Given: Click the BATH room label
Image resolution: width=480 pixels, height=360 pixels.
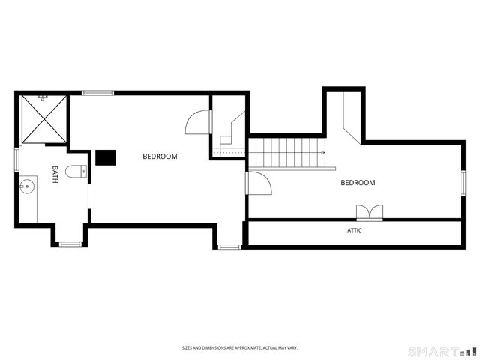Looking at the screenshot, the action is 55,175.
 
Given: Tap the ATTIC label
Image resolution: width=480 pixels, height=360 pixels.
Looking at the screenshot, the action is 355,230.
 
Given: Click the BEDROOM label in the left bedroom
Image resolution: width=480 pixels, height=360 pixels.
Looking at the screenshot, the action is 160,157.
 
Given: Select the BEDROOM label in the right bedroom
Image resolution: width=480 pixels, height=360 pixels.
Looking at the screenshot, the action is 358,183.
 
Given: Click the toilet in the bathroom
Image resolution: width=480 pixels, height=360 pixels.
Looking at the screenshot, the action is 76,172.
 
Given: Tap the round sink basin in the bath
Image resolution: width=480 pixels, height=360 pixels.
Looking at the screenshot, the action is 27,186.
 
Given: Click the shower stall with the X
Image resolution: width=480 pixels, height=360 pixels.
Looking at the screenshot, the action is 44,119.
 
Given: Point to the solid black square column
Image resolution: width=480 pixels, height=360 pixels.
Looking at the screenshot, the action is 106,157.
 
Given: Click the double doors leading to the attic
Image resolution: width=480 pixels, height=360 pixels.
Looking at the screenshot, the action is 370,213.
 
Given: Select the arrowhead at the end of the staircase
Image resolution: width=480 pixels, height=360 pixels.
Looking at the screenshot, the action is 323,152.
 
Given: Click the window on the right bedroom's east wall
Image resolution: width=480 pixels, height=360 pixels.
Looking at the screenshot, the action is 463,183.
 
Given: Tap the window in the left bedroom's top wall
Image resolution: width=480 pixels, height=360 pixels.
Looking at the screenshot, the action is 97,93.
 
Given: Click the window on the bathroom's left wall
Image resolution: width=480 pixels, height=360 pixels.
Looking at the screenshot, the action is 16,160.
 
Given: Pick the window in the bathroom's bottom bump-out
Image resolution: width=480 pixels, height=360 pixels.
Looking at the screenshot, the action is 70,244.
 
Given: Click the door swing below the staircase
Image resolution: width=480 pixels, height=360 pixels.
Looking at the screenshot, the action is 259,183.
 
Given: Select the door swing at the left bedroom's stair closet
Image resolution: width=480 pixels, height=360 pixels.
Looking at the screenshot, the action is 199,121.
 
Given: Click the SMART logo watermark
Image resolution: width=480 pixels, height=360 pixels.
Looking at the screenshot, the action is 442,351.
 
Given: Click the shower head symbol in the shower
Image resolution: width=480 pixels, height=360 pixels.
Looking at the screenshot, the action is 42,98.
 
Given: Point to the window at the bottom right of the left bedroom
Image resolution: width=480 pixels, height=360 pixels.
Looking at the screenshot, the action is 229,247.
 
